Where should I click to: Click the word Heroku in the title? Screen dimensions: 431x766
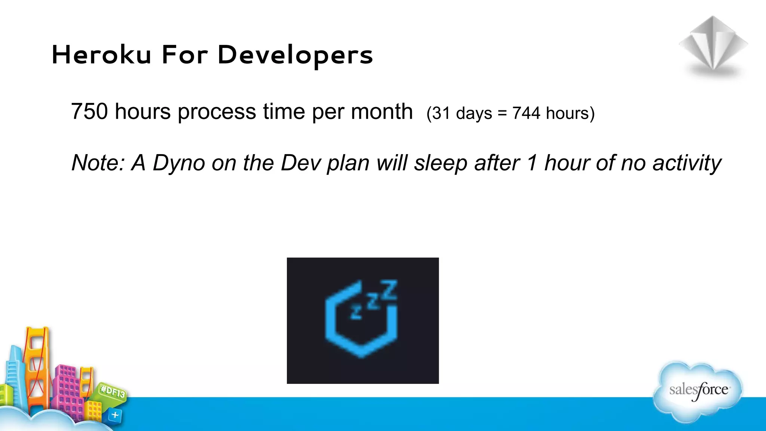(x=101, y=55)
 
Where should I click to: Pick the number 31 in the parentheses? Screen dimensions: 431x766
(x=441, y=113)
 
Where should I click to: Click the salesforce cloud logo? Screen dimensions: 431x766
(x=698, y=391)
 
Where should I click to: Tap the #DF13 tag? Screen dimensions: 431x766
(x=113, y=391)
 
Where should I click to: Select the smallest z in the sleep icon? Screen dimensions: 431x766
(x=356, y=312)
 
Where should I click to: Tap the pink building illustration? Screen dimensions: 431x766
(x=69, y=389)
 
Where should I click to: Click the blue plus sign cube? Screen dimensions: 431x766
(x=115, y=415)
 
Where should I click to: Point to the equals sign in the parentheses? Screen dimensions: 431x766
(x=502, y=113)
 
